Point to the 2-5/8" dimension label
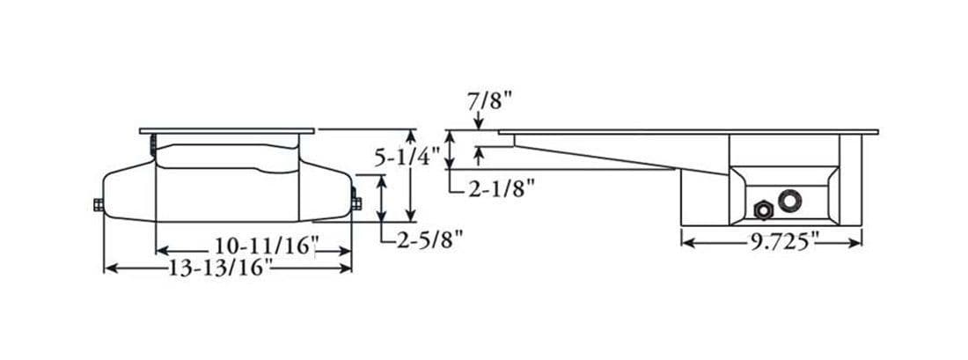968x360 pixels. [x=429, y=238]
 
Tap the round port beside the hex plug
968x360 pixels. [x=790, y=200]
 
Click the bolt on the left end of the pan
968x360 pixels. [x=96, y=206]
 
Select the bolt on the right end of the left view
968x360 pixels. [x=357, y=202]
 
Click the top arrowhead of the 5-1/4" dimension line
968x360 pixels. [x=410, y=136]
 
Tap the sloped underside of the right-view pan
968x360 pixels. [x=616, y=155]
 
